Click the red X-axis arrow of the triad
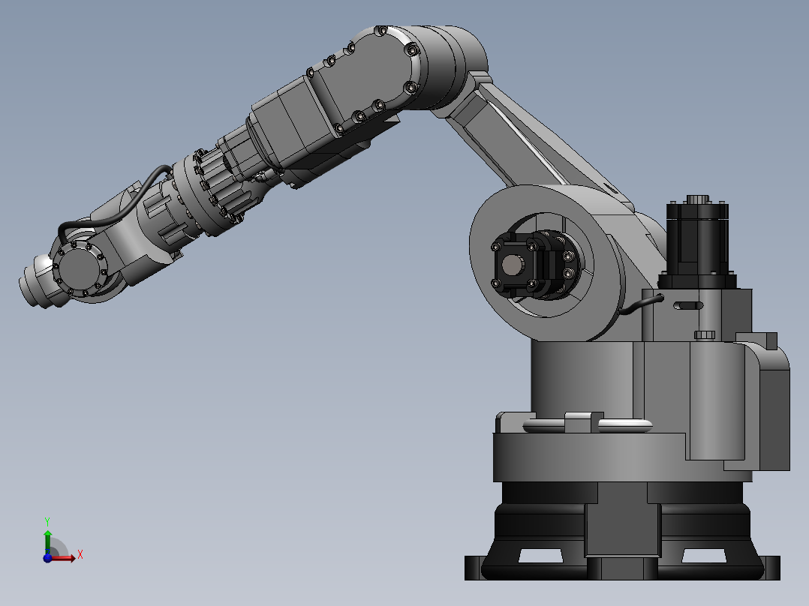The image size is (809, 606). click(x=66, y=556)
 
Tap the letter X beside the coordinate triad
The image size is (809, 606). click(x=80, y=555)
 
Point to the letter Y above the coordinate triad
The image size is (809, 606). click(x=47, y=520)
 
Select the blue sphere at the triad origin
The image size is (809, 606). click(x=47, y=557)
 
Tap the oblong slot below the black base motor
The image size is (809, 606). click(x=688, y=306)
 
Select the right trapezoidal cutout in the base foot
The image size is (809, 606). click(x=703, y=556)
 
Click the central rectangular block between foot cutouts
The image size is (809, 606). click(x=622, y=528)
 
